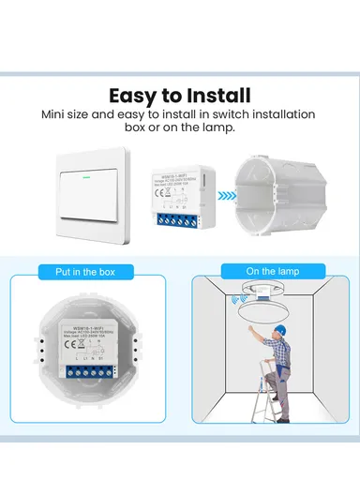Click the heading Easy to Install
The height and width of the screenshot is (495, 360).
coord(179,95)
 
